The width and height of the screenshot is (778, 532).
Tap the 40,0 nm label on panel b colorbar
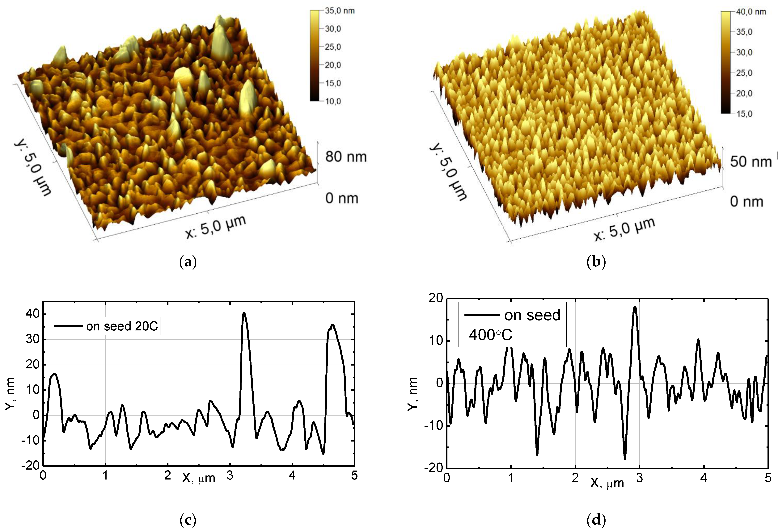(751, 12)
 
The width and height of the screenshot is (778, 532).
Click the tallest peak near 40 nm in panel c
(244, 313)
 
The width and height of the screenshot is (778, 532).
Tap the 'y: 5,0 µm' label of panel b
(448, 172)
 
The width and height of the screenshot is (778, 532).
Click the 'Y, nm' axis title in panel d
(413, 393)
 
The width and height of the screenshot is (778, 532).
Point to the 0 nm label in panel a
(341, 198)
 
